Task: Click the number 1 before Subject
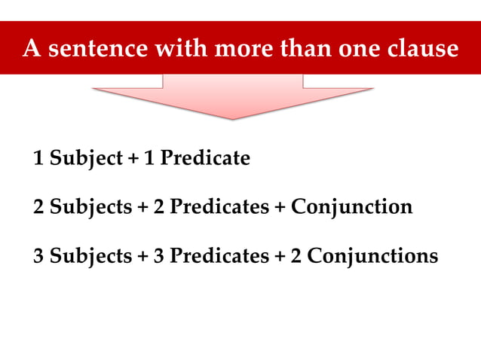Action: point(38,159)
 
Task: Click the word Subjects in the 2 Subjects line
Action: point(90,207)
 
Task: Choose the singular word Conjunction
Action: point(352,207)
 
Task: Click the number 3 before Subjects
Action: point(38,256)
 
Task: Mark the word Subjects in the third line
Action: point(90,256)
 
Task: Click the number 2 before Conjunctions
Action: point(297,256)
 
